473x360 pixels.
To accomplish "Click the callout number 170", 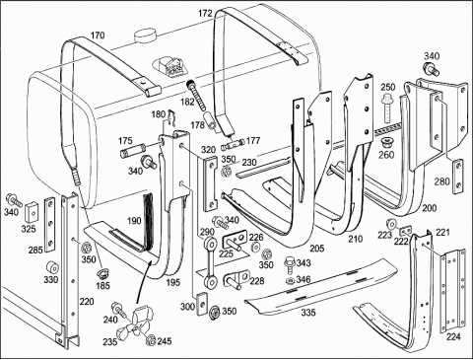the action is pyautogui.click(x=98, y=36).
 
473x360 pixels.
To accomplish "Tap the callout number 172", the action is pyautogui.click(x=205, y=14).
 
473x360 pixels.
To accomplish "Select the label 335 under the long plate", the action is pyautogui.click(x=308, y=312).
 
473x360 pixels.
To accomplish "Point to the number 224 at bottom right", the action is pyautogui.click(x=453, y=336).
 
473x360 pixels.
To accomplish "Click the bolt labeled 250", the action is pyautogui.click(x=387, y=108).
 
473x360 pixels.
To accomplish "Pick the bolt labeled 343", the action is pyautogui.click(x=291, y=265).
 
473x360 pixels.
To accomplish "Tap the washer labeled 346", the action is pyautogui.click(x=290, y=281).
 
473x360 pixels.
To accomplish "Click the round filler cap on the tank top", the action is pyautogui.click(x=145, y=36).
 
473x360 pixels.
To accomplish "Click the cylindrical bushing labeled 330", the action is pyautogui.click(x=52, y=268).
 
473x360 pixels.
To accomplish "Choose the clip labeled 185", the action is pyautogui.click(x=101, y=273).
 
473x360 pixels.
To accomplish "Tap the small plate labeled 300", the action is pyautogui.click(x=201, y=304).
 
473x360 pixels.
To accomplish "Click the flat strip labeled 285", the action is pyautogui.click(x=49, y=225).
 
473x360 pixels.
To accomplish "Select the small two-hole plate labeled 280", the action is pyautogui.click(x=458, y=177).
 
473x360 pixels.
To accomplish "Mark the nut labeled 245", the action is pyautogui.click(x=152, y=339).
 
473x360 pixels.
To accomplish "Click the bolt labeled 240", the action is pyautogui.click(x=117, y=309).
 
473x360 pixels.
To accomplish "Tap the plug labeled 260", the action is pyautogui.click(x=386, y=142).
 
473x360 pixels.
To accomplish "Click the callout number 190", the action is pyautogui.click(x=134, y=221).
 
